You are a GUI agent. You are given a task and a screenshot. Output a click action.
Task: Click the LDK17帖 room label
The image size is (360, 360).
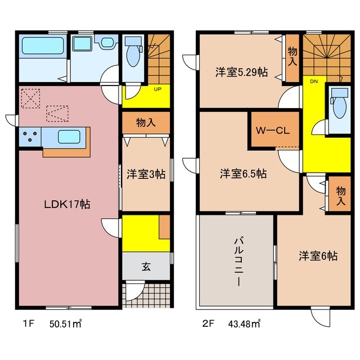click(67, 205)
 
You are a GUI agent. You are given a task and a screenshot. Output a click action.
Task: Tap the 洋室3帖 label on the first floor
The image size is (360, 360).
click(146, 174)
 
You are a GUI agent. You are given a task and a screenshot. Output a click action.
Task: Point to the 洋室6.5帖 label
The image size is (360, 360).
click(243, 174)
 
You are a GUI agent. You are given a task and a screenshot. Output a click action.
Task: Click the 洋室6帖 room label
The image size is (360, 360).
click(318, 256)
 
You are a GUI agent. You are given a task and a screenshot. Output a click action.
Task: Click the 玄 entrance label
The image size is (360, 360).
click(146, 266)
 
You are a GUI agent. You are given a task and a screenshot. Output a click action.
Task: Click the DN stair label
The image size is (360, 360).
click(314, 81)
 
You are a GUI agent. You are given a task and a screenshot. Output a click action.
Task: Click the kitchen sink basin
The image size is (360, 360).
click(69, 136)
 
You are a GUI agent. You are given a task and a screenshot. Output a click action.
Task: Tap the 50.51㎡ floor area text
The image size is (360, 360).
click(66, 323)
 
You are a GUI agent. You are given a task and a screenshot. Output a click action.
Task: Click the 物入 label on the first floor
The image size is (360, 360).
click(146, 123)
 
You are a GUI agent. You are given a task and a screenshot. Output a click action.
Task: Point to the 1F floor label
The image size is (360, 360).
click(24, 323)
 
